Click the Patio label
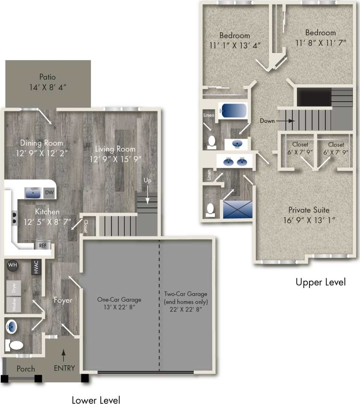click(x=48, y=77)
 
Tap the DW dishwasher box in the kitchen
click(x=49, y=192)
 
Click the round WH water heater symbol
click(x=13, y=265)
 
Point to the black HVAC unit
click(x=36, y=267)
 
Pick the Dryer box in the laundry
click(x=14, y=288)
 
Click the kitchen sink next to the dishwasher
click(x=33, y=193)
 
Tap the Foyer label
click(x=63, y=300)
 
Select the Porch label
click(x=26, y=369)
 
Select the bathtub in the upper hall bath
click(x=233, y=110)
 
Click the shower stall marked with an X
click(x=238, y=209)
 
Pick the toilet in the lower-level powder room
click(x=15, y=345)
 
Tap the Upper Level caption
click(x=320, y=282)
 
